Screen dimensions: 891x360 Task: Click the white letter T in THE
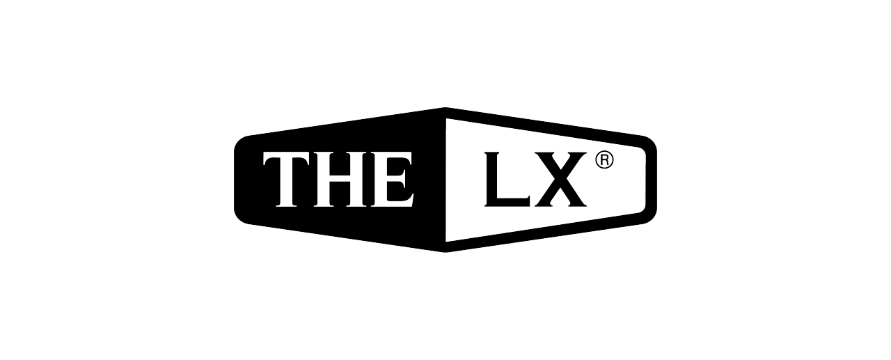click(287, 181)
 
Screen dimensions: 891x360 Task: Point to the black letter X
click(559, 179)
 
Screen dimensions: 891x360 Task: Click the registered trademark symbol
click(604, 160)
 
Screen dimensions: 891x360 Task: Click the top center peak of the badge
click(445, 109)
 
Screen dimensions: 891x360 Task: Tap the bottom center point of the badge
click(445, 251)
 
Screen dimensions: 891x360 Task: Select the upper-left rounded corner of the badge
click(241, 141)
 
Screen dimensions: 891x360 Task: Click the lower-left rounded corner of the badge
click(241, 217)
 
